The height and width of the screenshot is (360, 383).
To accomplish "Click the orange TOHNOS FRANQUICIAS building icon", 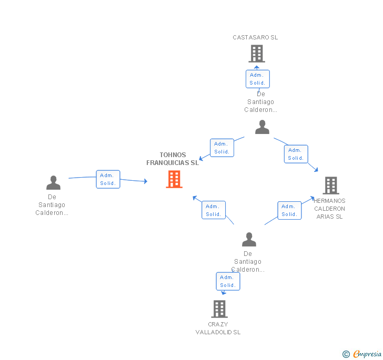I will pyautogui.click(x=174, y=179).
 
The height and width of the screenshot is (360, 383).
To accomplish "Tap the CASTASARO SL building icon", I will pyautogui.click(x=256, y=54).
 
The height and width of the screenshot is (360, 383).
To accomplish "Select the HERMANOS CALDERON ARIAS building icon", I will pyautogui.click(x=330, y=185).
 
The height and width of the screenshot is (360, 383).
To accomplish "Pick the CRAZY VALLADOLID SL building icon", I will pyautogui.click(x=219, y=308).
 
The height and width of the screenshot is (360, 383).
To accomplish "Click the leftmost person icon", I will pyautogui.click(x=53, y=182).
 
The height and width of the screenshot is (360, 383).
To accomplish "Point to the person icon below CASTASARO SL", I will pyautogui.click(x=262, y=127).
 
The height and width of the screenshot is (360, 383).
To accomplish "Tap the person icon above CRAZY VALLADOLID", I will pyautogui.click(x=249, y=239).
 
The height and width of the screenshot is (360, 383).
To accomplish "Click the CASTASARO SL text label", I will pyautogui.click(x=255, y=37).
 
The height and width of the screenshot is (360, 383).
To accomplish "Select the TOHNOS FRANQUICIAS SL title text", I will pyautogui.click(x=173, y=159).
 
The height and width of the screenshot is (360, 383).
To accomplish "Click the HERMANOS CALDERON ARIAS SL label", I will pyautogui.click(x=329, y=209).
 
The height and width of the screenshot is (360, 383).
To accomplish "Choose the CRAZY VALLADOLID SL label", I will pyautogui.click(x=218, y=328).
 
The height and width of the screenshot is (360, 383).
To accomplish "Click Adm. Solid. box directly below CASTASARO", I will pyautogui.click(x=258, y=79).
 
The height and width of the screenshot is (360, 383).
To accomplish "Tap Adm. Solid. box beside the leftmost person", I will pyautogui.click(x=108, y=179).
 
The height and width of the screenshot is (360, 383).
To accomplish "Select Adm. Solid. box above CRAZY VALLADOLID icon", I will pyautogui.click(x=228, y=281).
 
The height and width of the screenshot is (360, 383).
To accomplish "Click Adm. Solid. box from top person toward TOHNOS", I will pyautogui.click(x=222, y=148).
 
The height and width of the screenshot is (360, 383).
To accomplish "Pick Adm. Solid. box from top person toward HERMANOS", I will pyautogui.click(x=296, y=154).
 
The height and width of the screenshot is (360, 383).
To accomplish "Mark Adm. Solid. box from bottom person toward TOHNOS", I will pyautogui.click(x=214, y=210).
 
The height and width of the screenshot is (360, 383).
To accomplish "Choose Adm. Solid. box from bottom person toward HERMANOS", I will pyautogui.click(x=289, y=210).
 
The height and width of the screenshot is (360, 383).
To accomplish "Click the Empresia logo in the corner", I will pyautogui.click(x=362, y=354).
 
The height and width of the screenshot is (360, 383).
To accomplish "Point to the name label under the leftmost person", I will pyautogui.click(x=52, y=205).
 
